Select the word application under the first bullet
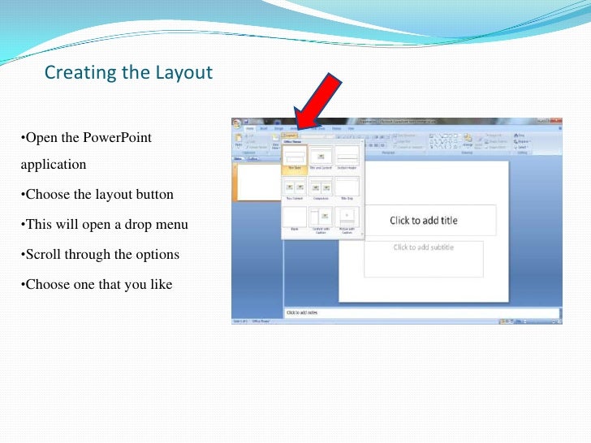coord(54,164)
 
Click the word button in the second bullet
coord(154,195)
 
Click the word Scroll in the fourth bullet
coord(45,254)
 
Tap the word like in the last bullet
coord(160,284)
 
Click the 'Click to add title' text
coord(423,221)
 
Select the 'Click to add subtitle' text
coord(423,247)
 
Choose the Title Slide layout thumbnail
coord(294,156)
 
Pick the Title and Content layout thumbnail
coord(321,156)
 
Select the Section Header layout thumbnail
coord(347,156)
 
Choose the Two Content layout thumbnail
coord(294,187)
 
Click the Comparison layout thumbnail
coord(321,187)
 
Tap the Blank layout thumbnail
coord(294,217)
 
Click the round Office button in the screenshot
coord(237,123)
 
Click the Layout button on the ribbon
coord(291,135)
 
